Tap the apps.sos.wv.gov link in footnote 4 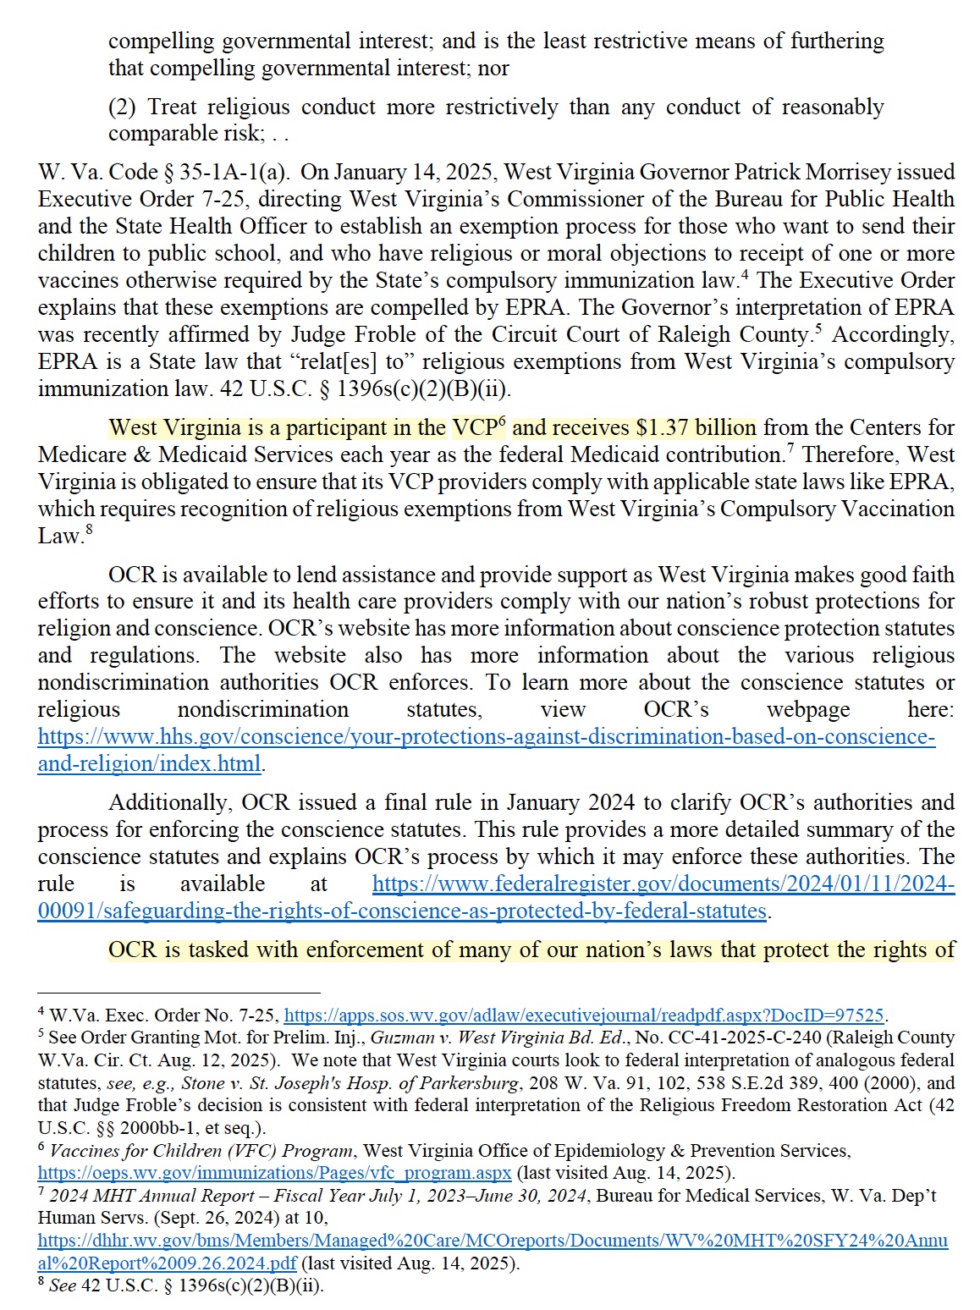click(x=584, y=1016)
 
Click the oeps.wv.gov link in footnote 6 click(x=274, y=1173)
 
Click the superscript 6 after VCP click(x=502, y=421)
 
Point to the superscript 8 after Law click(x=89, y=530)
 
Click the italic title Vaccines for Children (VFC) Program click(x=201, y=1151)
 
